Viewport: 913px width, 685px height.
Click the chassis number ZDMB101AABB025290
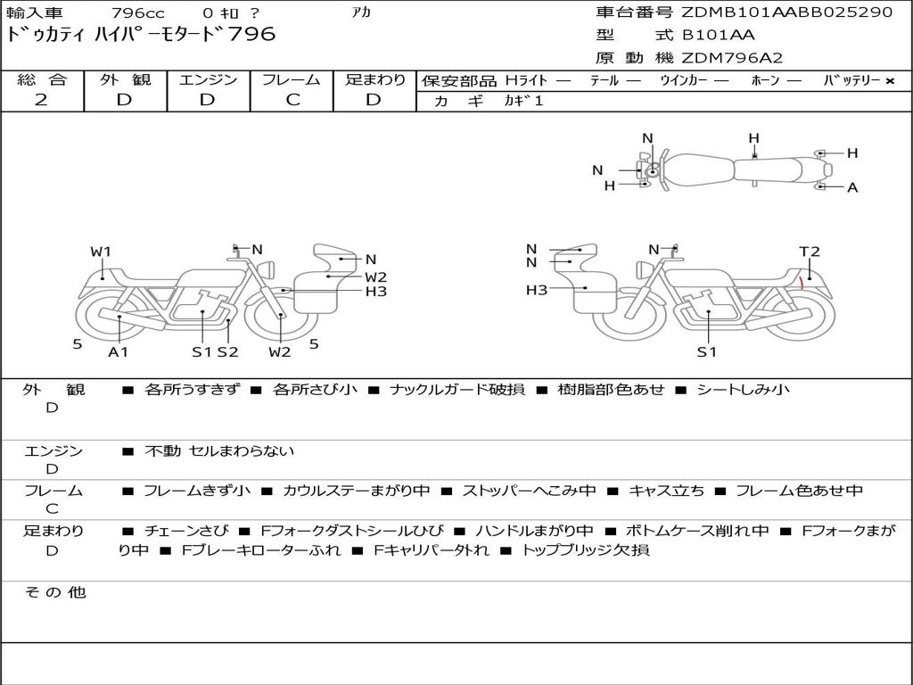(x=786, y=12)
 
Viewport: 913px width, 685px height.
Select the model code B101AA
(x=718, y=35)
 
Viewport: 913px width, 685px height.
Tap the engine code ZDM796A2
(x=732, y=58)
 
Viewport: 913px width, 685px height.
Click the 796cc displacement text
(x=138, y=12)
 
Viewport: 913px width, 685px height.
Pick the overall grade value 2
(x=41, y=100)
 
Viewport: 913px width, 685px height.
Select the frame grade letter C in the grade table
(x=292, y=100)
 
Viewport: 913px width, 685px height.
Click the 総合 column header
(x=42, y=79)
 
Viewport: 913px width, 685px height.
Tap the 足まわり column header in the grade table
(x=375, y=79)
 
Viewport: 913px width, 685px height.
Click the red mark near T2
(x=802, y=284)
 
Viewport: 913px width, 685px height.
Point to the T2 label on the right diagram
(x=809, y=252)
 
